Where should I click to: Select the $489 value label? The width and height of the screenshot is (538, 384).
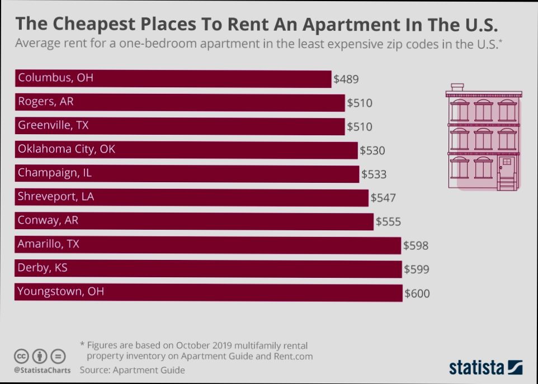tap(346, 79)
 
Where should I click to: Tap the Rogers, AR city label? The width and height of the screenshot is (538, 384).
tap(45, 102)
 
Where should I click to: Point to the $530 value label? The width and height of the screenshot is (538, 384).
tap(372, 150)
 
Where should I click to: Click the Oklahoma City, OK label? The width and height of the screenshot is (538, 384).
tap(67, 149)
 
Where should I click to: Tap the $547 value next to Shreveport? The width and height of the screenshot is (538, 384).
tap(383, 198)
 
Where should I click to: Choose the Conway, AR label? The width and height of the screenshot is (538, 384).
tap(48, 220)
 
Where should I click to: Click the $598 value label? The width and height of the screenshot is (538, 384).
tap(416, 245)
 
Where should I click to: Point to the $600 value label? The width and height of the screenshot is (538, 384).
tap(417, 293)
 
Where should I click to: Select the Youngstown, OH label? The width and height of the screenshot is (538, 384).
tap(60, 291)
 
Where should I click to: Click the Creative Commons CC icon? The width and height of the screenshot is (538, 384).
tap(21, 356)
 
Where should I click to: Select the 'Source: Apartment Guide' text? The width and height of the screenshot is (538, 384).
tap(132, 370)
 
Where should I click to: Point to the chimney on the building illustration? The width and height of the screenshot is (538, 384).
tap(457, 87)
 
